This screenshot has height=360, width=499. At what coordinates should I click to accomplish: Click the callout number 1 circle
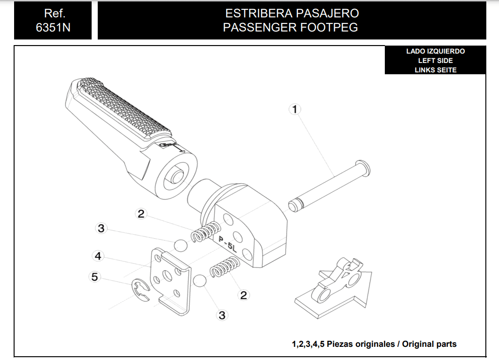[295, 109]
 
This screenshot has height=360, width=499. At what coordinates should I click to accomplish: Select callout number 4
[98, 256]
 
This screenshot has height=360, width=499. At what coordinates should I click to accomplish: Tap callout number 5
[94, 277]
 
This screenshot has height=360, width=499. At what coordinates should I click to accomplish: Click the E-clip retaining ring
[140, 289]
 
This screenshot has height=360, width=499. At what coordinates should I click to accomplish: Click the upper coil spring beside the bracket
[206, 231]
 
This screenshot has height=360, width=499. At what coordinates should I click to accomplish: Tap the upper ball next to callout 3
[181, 245]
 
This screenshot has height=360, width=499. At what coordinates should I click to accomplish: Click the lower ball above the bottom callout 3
[200, 281]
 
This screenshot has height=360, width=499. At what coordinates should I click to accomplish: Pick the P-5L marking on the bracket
[228, 244]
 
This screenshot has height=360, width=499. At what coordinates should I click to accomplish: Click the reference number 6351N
[53, 28]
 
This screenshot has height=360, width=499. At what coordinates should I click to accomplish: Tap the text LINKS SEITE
[436, 70]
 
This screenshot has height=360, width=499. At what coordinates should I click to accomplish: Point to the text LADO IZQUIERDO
[436, 51]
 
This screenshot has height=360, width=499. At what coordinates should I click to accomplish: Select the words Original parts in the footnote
[429, 344]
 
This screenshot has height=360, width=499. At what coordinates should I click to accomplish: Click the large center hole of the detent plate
[167, 275]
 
